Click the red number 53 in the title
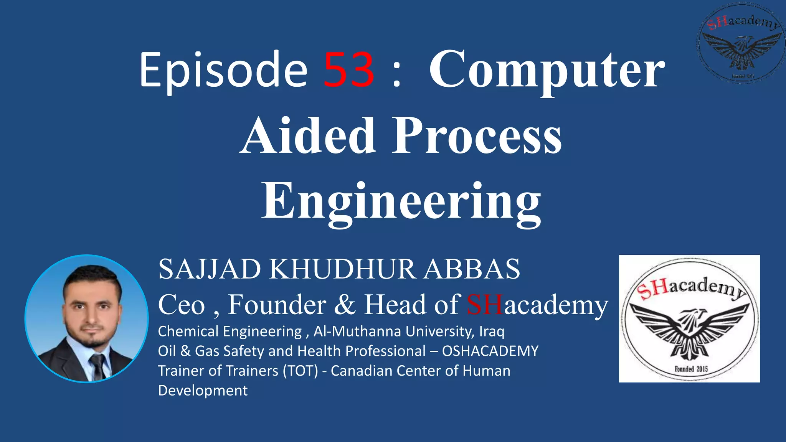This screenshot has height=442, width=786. [x=349, y=70]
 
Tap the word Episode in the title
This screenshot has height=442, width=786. [x=223, y=71]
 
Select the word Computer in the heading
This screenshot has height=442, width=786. [x=547, y=70]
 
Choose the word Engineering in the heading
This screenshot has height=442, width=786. [x=401, y=201]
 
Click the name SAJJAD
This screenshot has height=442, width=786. [x=210, y=269]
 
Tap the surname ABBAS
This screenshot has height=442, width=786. [x=472, y=269]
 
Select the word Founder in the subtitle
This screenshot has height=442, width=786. [x=277, y=305]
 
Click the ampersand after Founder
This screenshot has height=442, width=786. [x=345, y=305]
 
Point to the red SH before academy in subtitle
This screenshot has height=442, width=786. [x=484, y=305]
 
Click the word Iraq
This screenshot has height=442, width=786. [x=492, y=331]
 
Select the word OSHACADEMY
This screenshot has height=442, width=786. [x=490, y=351]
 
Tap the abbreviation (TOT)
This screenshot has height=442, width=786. [x=301, y=371]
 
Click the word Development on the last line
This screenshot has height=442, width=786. [x=203, y=390]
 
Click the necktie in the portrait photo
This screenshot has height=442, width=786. [x=97, y=366]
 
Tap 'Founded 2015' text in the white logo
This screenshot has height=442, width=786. [x=691, y=369]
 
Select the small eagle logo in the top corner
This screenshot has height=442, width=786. [x=740, y=42]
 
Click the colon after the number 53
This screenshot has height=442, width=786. [x=397, y=71]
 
